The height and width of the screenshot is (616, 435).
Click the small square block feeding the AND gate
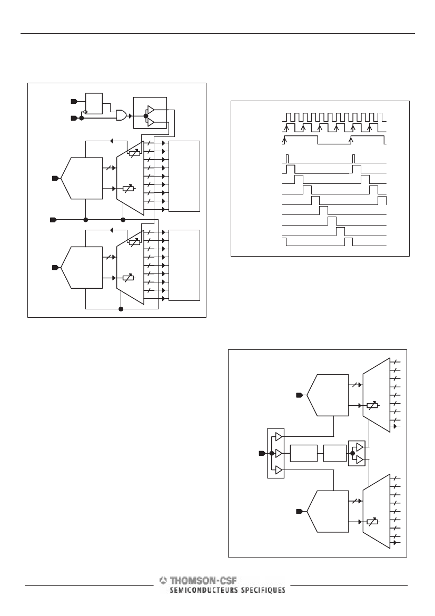[94, 103]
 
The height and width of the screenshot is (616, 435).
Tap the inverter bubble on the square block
[85, 112]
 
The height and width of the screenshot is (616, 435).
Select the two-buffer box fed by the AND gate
[150, 113]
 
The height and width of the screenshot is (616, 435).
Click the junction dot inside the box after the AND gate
[145, 116]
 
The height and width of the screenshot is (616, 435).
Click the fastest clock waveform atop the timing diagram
[334, 117]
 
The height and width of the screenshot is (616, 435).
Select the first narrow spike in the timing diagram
[288, 159]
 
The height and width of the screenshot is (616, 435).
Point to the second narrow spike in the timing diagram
[354, 159]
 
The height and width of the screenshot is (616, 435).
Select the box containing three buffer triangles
[275, 453]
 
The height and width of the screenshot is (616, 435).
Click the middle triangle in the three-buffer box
[279, 453]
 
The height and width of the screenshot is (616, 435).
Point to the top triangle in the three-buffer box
[279, 436]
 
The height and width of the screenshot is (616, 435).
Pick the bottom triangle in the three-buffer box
[279, 470]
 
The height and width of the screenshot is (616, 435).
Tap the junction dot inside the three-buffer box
[271, 453]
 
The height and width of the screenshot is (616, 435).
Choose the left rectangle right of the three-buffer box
[303, 453]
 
